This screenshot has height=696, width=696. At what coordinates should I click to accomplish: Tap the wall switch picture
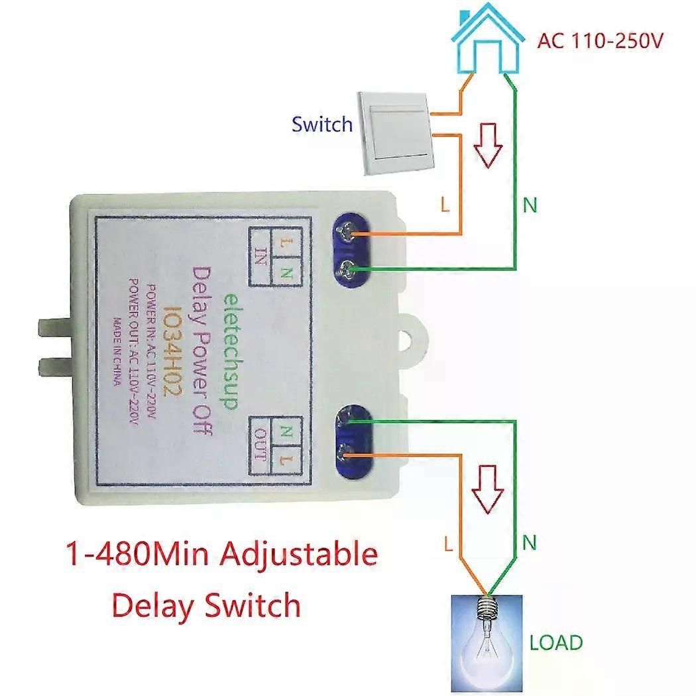click(x=394, y=133)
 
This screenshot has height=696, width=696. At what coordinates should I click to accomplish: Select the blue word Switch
click(x=322, y=124)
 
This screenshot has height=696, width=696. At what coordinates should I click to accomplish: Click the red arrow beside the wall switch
click(x=491, y=144)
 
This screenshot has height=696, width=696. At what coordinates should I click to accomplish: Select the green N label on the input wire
click(x=530, y=205)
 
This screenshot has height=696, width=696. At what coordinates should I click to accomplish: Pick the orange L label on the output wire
click(x=449, y=545)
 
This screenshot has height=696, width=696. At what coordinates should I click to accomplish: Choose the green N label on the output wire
click(x=529, y=544)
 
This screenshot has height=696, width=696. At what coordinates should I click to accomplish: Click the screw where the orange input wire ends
click(x=345, y=233)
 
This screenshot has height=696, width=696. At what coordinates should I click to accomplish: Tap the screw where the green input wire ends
click(x=345, y=268)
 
